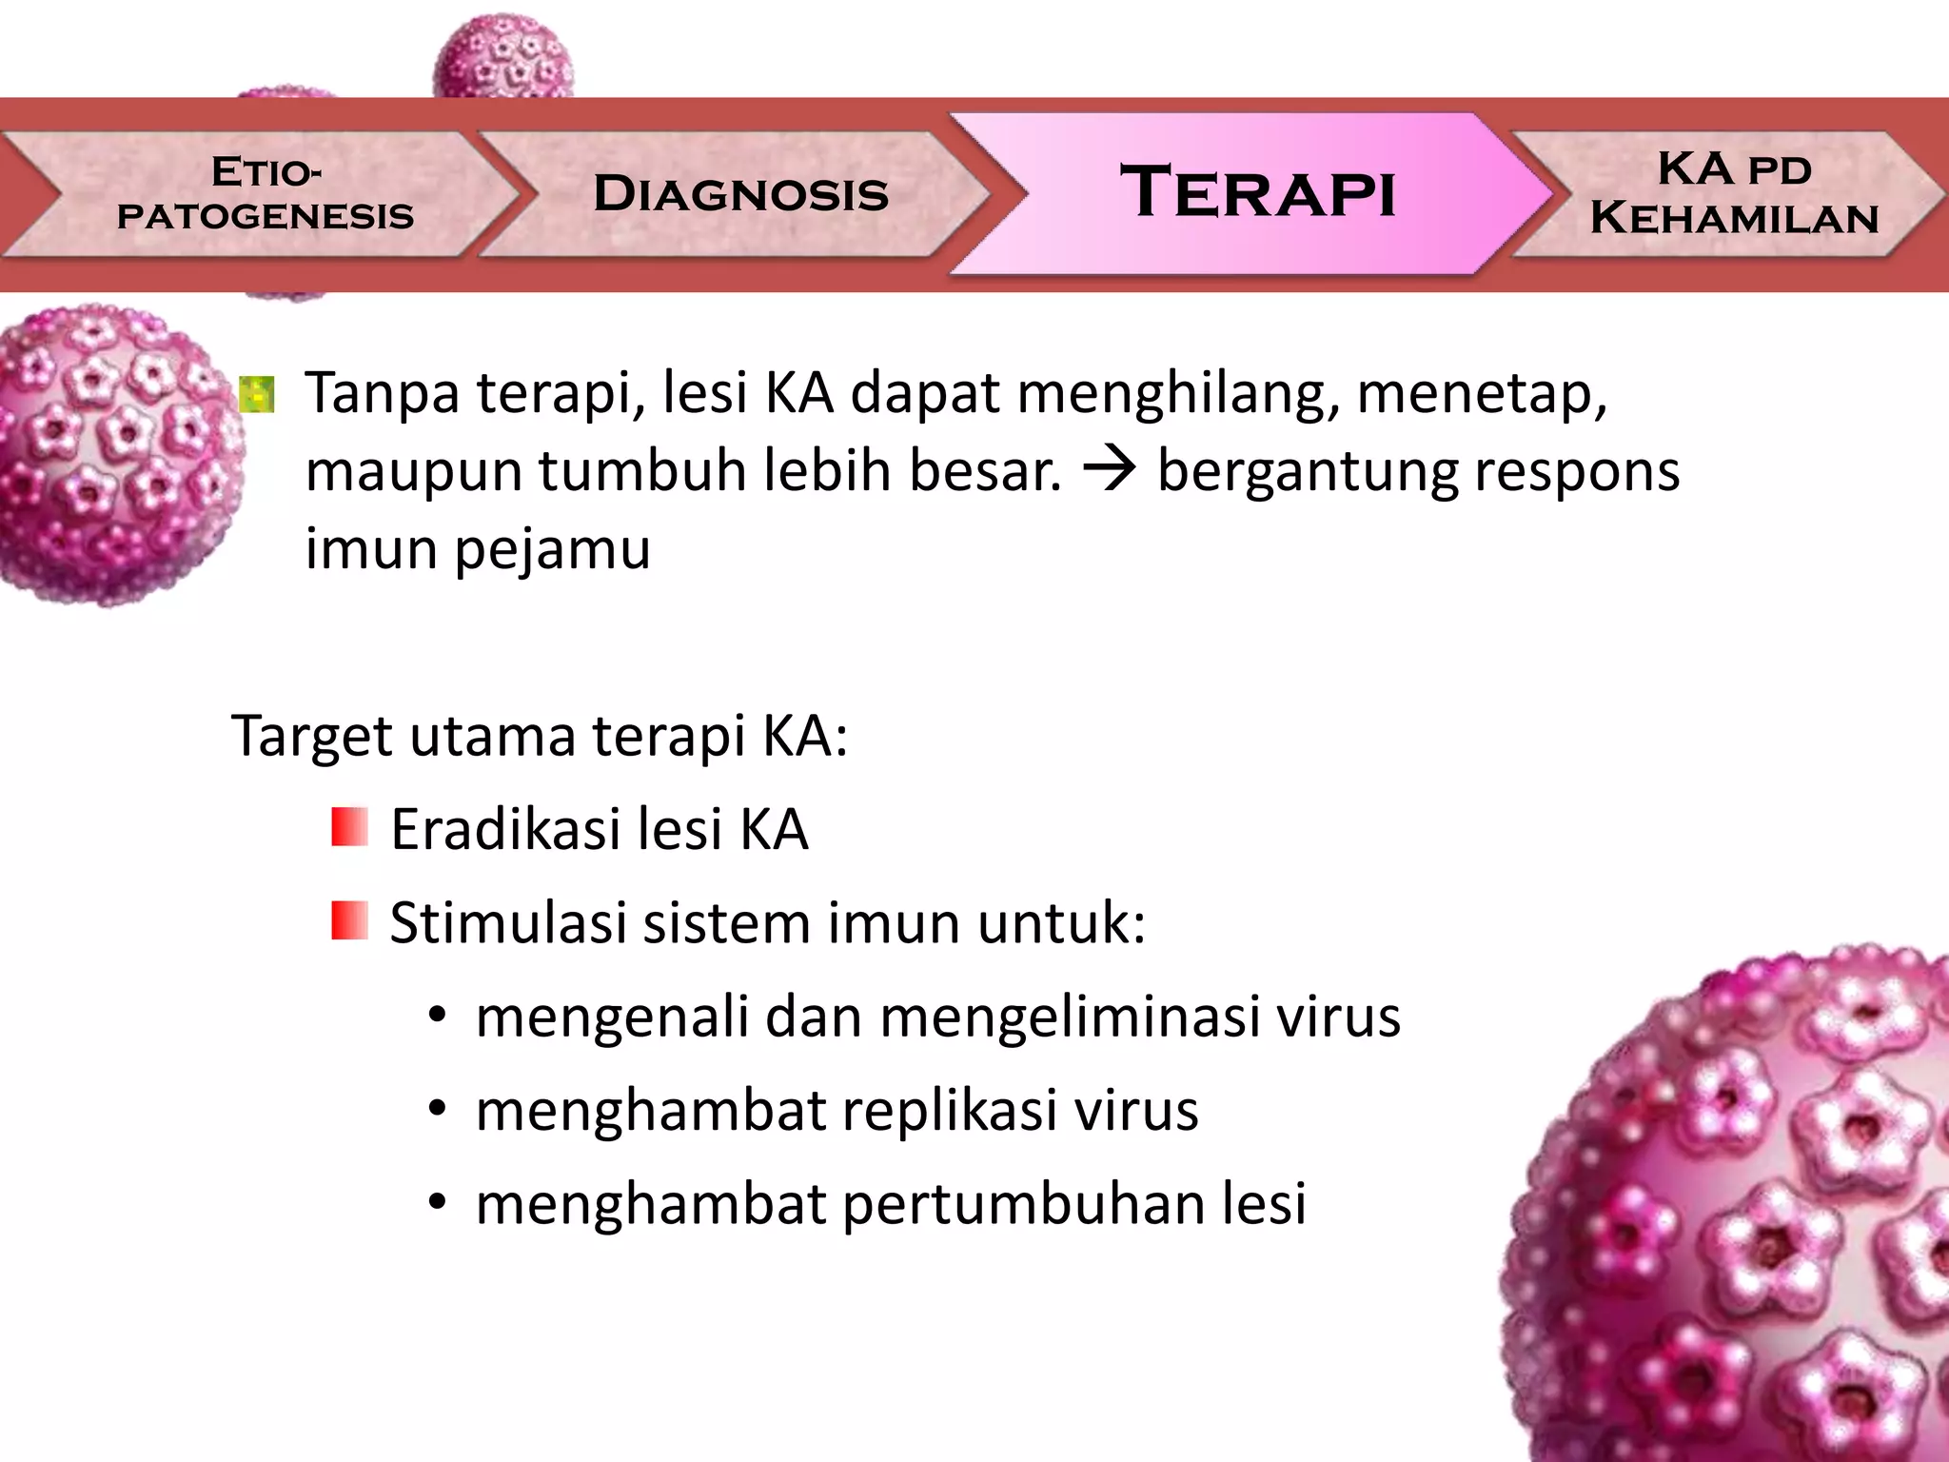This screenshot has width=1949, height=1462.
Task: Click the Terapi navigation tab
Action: pos(1256,192)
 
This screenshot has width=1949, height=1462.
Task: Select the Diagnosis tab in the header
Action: pos(740,194)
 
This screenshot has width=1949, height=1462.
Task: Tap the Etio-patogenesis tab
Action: pos(266,194)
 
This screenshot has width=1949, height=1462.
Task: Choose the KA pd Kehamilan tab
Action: pos(1734,194)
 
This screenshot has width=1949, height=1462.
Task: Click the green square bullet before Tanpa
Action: pos(257,395)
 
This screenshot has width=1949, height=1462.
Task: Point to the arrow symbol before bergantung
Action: pos(1110,470)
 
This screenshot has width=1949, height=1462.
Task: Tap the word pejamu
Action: pos(553,550)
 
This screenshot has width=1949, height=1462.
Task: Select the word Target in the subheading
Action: pos(311,736)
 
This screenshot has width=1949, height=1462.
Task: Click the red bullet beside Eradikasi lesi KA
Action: pos(349,827)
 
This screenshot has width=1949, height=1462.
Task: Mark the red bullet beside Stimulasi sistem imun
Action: pos(349,920)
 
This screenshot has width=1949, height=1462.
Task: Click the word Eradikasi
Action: pos(505,829)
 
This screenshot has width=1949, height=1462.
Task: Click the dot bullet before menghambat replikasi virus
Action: pos(437,1110)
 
